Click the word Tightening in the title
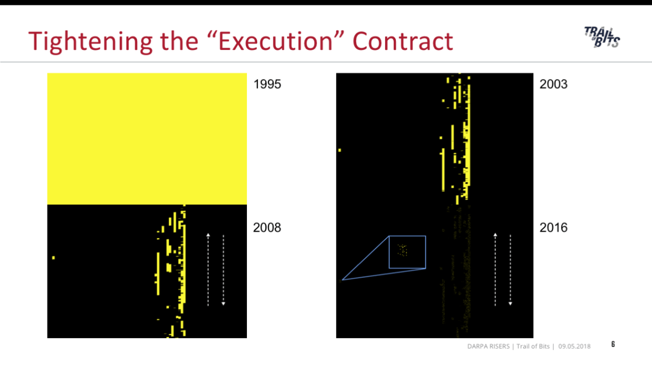(90, 42)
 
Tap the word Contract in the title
(402, 41)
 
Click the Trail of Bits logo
(602, 38)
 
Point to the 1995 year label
(267, 84)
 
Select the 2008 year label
(267, 228)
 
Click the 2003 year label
(553, 84)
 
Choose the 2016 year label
(553, 228)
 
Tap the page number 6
(613, 344)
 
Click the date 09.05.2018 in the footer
(574, 346)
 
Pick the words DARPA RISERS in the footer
(488, 346)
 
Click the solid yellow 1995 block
(147, 139)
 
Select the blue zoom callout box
(407, 236)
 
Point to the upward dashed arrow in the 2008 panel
(208, 270)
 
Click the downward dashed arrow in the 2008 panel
(223, 270)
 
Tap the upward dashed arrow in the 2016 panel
(495, 270)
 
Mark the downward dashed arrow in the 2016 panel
(510, 270)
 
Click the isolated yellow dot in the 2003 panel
(340, 150)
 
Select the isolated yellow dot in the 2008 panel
(54, 258)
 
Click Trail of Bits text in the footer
(533, 346)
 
